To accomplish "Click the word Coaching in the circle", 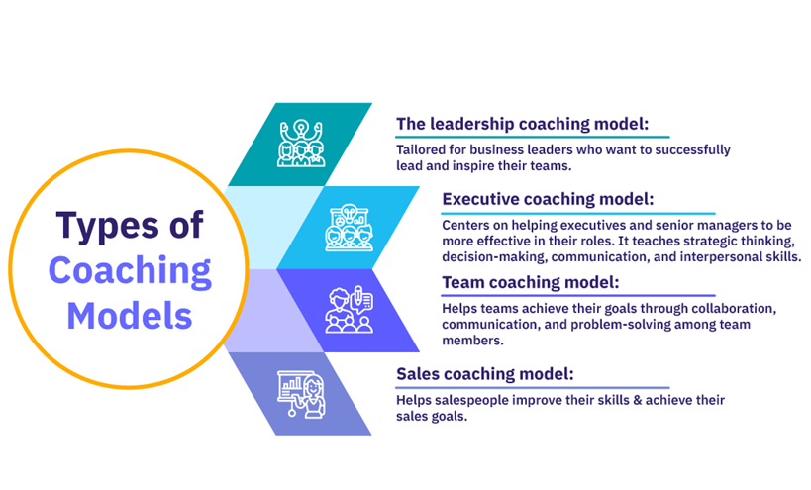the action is tap(130, 271).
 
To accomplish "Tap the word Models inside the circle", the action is tap(130, 316).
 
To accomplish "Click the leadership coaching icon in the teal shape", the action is tap(301, 144).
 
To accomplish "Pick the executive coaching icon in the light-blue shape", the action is tap(350, 228).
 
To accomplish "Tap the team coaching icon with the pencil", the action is tap(350, 309).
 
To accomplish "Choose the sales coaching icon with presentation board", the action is tap(301, 394).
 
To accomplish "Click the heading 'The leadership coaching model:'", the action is tap(523, 124).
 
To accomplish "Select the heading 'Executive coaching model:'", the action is tap(548, 199).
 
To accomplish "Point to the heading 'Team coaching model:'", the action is tap(530, 283).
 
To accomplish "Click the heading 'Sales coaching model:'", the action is tap(485, 374).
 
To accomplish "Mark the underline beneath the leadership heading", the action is tap(532, 137).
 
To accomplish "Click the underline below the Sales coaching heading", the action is tap(532, 387).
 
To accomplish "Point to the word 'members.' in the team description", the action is tap(472, 341).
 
